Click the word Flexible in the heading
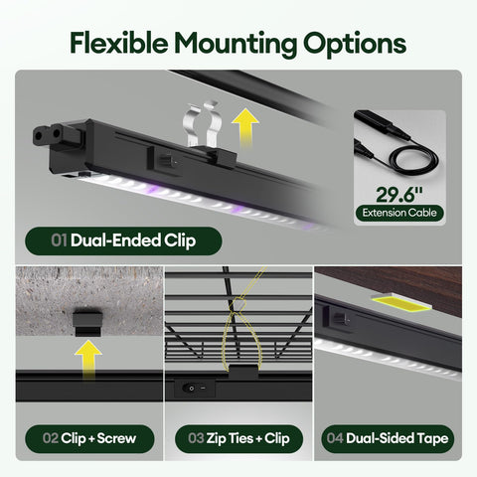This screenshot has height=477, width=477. [x=119, y=43]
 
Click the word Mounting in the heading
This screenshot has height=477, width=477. [x=236, y=45]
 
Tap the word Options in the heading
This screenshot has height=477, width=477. [x=355, y=45]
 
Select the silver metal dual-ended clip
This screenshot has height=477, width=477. [x=202, y=125]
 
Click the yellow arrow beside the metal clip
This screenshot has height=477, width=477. [x=245, y=127]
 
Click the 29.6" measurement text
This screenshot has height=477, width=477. [x=399, y=195]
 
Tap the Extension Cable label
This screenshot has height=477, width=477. [x=399, y=213]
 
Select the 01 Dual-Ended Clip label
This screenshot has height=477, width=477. [x=123, y=240]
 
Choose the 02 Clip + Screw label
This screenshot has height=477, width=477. [x=89, y=438]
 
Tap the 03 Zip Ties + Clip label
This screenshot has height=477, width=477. [x=238, y=438]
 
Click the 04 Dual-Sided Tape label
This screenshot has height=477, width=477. [x=388, y=438]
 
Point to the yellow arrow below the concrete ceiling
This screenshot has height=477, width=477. [x=88, y=359]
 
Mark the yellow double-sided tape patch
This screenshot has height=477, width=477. [x=401, y=303]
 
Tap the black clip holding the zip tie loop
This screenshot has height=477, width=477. [x=243, y=372]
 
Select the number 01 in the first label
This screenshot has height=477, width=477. [x=60, y=240]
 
